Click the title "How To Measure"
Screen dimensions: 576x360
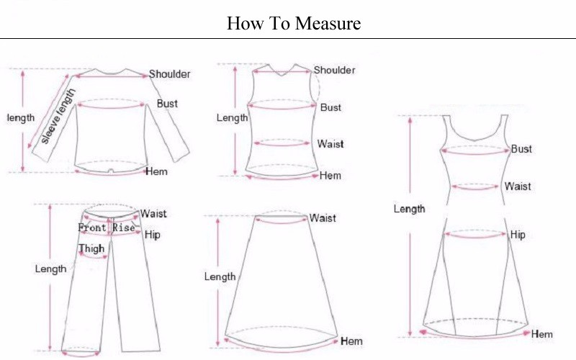point(294,23)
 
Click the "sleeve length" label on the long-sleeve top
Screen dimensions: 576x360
point(58,116)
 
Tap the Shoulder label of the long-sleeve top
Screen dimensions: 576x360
point(170,74)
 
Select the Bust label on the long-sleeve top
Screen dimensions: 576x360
point(167,104)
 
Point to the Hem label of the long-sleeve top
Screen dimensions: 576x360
point(156,171)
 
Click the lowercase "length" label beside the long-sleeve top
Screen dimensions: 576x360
point(21,118)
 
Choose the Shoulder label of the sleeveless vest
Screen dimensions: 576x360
point(334,70)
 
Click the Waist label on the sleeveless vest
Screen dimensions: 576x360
point(330,143)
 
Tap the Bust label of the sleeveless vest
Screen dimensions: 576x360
point(330,107)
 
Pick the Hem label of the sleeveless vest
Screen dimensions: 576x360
point(330,176)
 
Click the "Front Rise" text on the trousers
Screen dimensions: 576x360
point(107,228)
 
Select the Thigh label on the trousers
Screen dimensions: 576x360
point(91,248)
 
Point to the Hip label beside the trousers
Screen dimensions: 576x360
point(152,235)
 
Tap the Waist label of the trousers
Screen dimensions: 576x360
point(153,213)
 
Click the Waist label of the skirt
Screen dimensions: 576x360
point(323,218)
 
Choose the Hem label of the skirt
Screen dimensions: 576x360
point(351,341)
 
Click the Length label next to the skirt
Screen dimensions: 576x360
point(220,276)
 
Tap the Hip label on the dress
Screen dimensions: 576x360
point(518,235)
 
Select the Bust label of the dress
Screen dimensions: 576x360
point(521,149)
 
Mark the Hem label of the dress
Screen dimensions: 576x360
point(542,334)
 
